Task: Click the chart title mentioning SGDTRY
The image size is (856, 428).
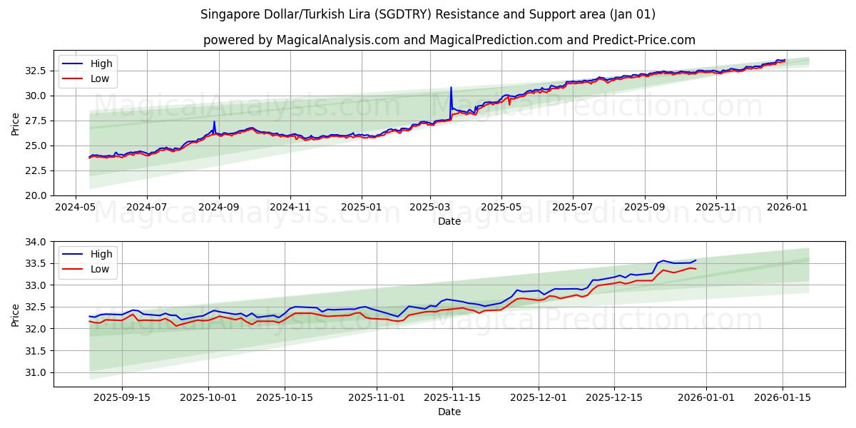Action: point(428,14)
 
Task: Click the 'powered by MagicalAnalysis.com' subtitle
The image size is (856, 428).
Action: point(449,40)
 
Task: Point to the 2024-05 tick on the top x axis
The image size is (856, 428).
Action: point(76,208)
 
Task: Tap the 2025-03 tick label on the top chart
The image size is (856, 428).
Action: point(429,208)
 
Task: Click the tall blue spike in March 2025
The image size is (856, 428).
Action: point(451,88)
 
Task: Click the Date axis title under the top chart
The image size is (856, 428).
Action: point(449,221)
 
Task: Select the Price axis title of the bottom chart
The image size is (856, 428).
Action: point(16,315)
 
